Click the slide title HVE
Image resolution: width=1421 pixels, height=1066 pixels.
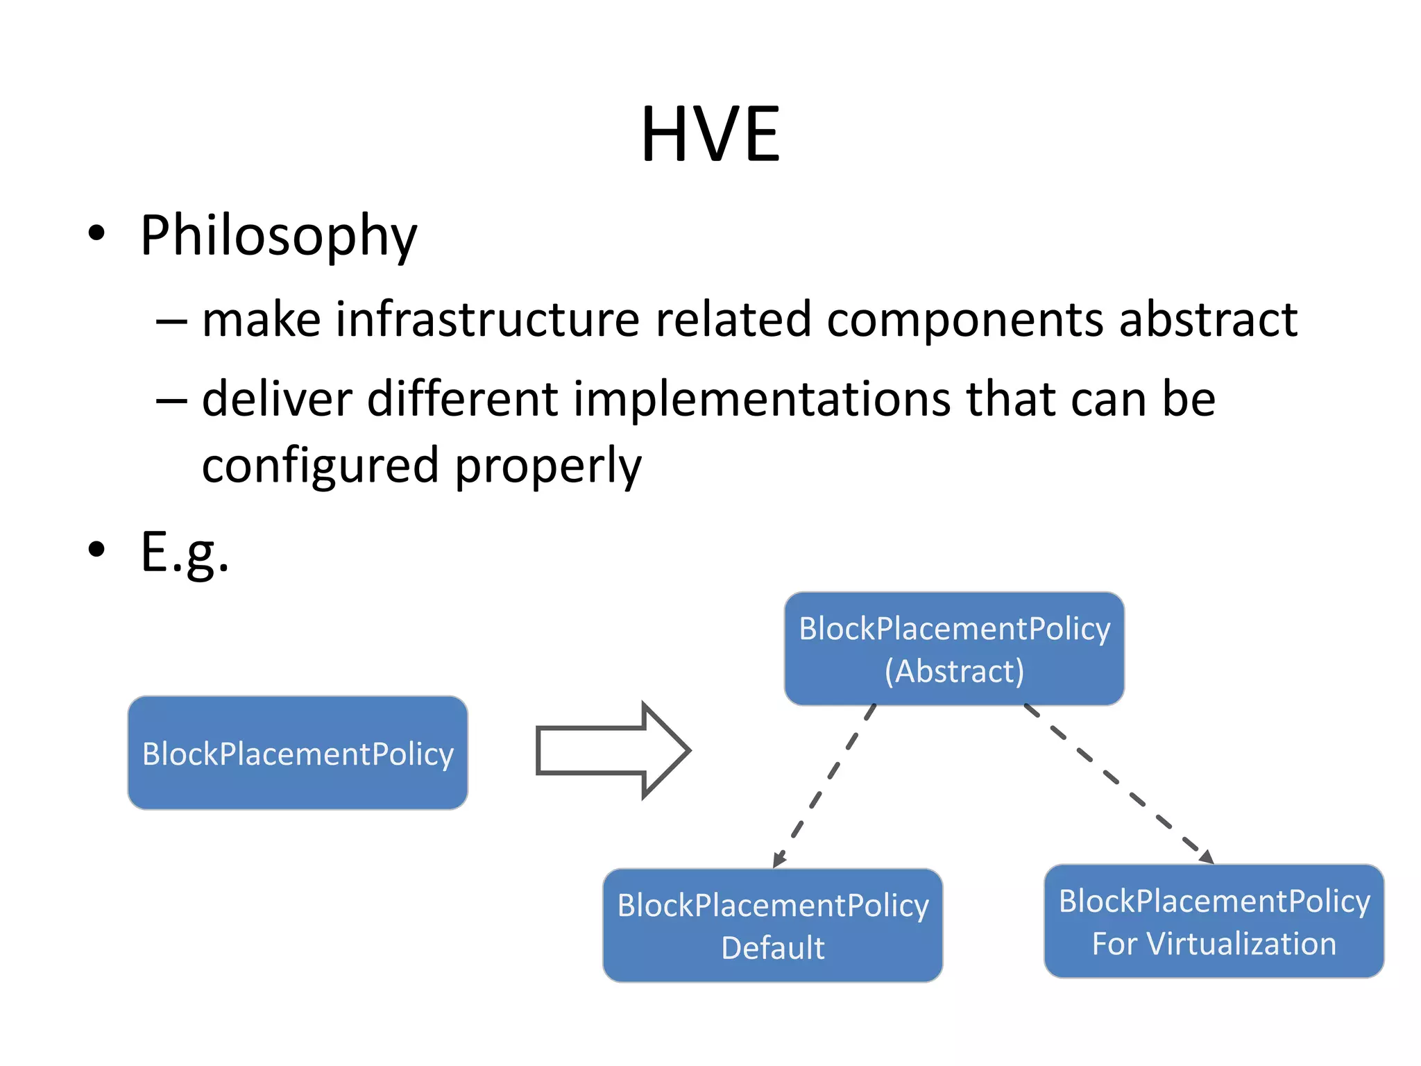coord(710,134)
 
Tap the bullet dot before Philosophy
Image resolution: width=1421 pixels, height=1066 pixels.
coord(96,234)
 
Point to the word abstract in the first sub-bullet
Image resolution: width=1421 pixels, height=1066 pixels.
coord(1208,320)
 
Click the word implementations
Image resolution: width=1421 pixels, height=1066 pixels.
coord(762,400)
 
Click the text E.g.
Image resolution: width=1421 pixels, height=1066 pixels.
coord(185,552)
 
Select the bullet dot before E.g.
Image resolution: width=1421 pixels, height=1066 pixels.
coord(96,549)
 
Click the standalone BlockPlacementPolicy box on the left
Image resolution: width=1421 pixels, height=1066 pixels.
coord(298,753)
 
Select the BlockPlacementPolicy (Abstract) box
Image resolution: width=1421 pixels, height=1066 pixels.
coord(954,649)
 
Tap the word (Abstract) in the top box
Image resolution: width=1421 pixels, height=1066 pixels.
coord(954,671)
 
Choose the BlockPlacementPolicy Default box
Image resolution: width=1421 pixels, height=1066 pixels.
coord(772,925)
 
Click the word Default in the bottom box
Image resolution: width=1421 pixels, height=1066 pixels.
coord(772,948)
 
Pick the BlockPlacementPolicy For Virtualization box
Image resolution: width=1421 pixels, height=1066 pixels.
coord(1214,921)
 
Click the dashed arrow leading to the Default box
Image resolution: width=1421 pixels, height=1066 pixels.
coord(826,784)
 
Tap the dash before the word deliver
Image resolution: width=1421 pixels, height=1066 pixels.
coord(171,400)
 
